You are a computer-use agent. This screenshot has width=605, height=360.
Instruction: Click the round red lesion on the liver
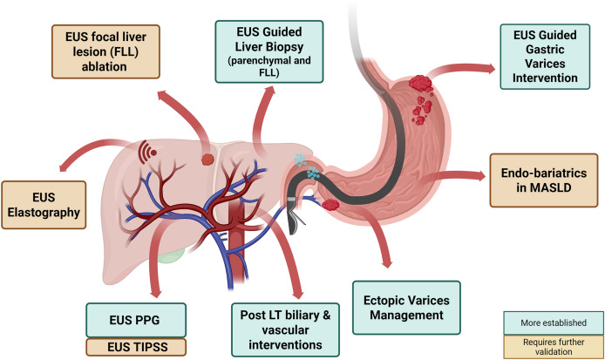pyautogui.click(x=207, y=160)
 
